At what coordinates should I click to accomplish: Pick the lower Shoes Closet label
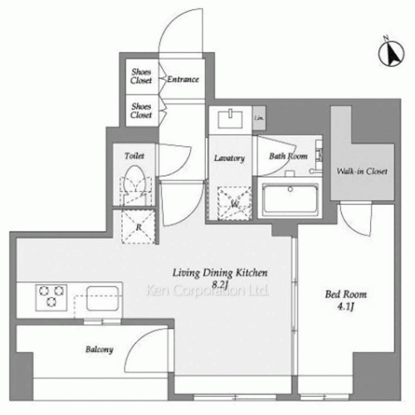coord(140,111)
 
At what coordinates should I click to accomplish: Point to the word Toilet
coord(135,155)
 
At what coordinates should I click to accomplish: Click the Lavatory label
coord(228,158)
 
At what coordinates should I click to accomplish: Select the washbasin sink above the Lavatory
coord(228,118)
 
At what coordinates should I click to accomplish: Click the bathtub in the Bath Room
coord(290,200)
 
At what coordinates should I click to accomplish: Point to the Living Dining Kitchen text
coord(220,272)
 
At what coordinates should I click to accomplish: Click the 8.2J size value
coord(220,284)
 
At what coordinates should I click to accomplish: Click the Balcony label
coord(97,349)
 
